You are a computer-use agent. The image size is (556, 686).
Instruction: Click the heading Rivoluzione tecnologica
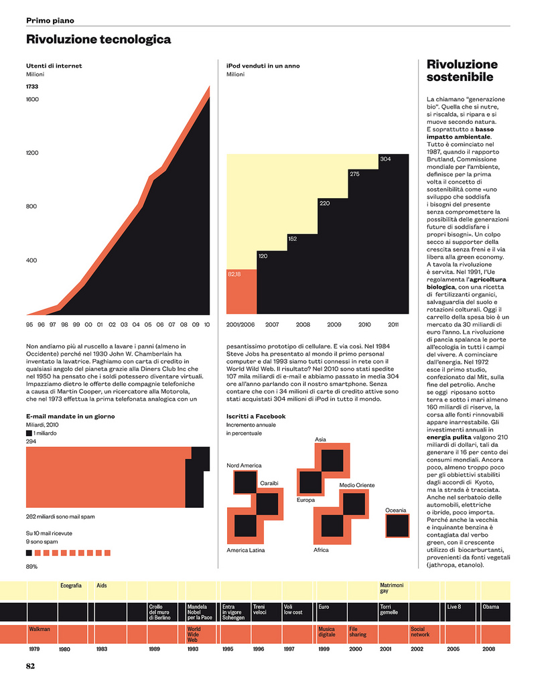pyautogui.click(x=98, y=40)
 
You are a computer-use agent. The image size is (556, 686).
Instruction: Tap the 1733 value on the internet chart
pyautogui.click(x=32, y=86)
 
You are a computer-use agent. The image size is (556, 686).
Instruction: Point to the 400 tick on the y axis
pyautogui.click(x=32, y=260)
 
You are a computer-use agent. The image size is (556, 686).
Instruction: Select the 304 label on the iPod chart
pyautogui.click(x=385, y=159)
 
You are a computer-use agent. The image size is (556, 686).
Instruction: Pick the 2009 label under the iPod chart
pyautogui.click(x=334, y=324)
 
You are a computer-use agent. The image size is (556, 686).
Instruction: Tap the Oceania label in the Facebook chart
pyautogui.click(x=395, y=510)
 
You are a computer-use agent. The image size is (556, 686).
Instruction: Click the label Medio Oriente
pyautogui.click(x=356, y=485)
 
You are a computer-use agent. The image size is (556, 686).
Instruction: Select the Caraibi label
pyautogui.click(x=269, y=483)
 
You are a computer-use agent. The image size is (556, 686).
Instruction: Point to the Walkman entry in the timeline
pyautogui.click(x=40, y=630)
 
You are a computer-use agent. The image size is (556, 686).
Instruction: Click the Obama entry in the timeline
pyautogui.click(x=490, y=607)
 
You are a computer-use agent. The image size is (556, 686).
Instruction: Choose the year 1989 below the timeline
pyautogui.click(x=154, y=650)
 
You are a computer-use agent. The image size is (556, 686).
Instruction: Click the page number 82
pyautogui.click(x=31, y=666)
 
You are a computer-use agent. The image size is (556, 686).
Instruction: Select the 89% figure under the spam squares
pyautogui.click(x=31, y=567)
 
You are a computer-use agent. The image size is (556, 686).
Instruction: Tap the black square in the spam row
pyautogui.click(x=29, y=553)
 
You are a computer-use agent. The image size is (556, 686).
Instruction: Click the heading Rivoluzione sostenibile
pyautogui.click(x=462, y=70)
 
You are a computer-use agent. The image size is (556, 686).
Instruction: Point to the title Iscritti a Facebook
pyautogui.click(x=256, y=416)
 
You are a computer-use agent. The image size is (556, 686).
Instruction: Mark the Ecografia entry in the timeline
pyautogui.click(x=71, y=586)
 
